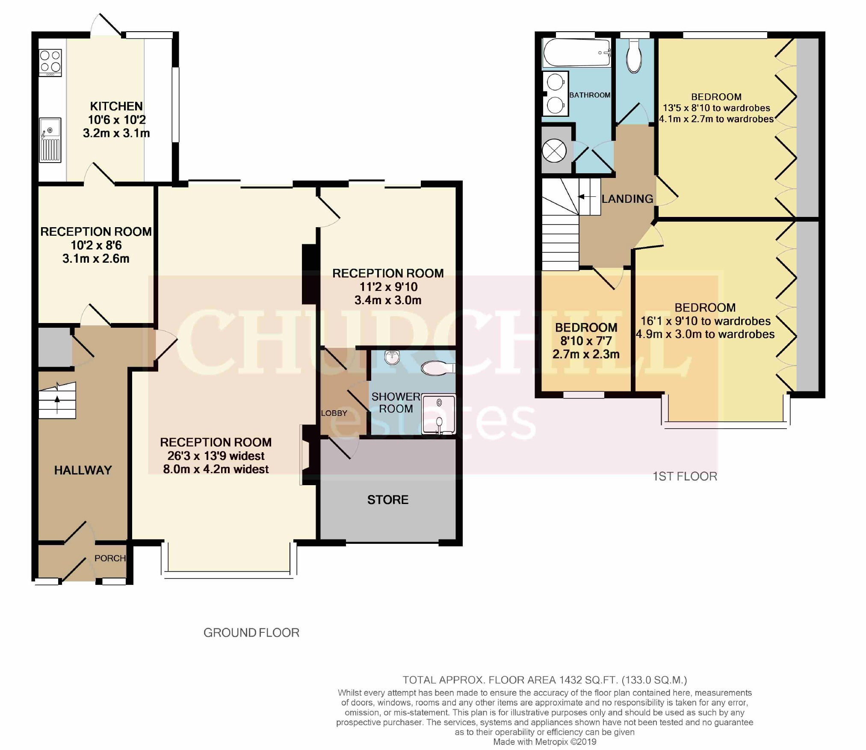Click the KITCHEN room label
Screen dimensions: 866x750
(x=116, y=106)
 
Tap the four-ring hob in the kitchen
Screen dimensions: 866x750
(x=50, y=63)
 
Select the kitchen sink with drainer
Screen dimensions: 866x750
(x=50, y=140)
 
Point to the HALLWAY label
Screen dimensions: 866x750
(x=83, y=470)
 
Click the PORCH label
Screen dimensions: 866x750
(x=110, y=558)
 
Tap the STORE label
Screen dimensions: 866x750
(x=388, y=500)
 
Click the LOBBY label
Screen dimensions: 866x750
(x=334, y=413)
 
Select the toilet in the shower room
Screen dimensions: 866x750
(x=438, y=368)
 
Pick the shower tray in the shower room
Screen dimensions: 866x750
(x=439, y=414)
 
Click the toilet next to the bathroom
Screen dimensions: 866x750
(x=634, y=56)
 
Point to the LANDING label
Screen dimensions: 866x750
(x=627, y=199)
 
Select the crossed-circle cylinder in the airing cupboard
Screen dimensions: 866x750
(x=554, y=151)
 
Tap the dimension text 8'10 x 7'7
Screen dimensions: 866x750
(x=586, y=341)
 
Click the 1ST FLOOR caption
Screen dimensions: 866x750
(x=685, y=477)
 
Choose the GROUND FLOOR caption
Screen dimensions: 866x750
(x=251, y=633)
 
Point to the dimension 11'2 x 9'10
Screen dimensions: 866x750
(x=388, y=287)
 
